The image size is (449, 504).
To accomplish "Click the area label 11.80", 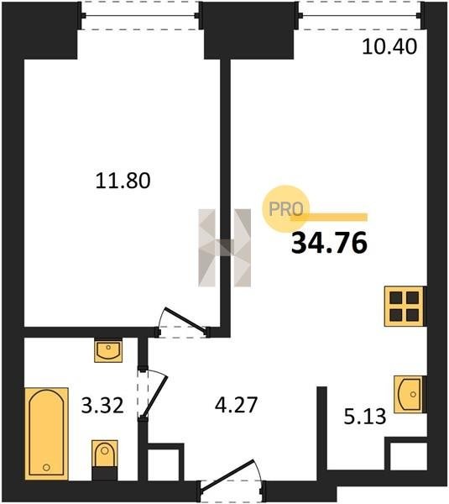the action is (123, 181).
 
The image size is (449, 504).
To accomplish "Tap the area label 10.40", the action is (389, 46).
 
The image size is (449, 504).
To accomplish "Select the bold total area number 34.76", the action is (329, 243).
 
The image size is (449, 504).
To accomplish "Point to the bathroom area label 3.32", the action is (102, 405).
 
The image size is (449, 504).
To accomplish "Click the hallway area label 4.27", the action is (237, 405).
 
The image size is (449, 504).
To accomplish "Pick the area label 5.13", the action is (365, 417).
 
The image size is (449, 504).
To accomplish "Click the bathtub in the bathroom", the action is (46, 433).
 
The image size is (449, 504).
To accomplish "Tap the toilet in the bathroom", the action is (105, 459).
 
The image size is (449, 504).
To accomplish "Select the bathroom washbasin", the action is (108, 350).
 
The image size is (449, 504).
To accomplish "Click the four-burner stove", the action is (405, 307).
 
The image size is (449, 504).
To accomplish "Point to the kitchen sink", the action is (410, 394).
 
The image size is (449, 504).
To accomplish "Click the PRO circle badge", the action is (285, 209).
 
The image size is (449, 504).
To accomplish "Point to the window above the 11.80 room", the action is (140, 15).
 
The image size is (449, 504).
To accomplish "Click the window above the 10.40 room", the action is (360, 15).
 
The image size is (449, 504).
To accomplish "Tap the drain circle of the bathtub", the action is (46, 467).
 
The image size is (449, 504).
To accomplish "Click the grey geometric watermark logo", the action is (225, 248).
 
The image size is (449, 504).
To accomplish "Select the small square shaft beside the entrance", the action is (164, 465).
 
